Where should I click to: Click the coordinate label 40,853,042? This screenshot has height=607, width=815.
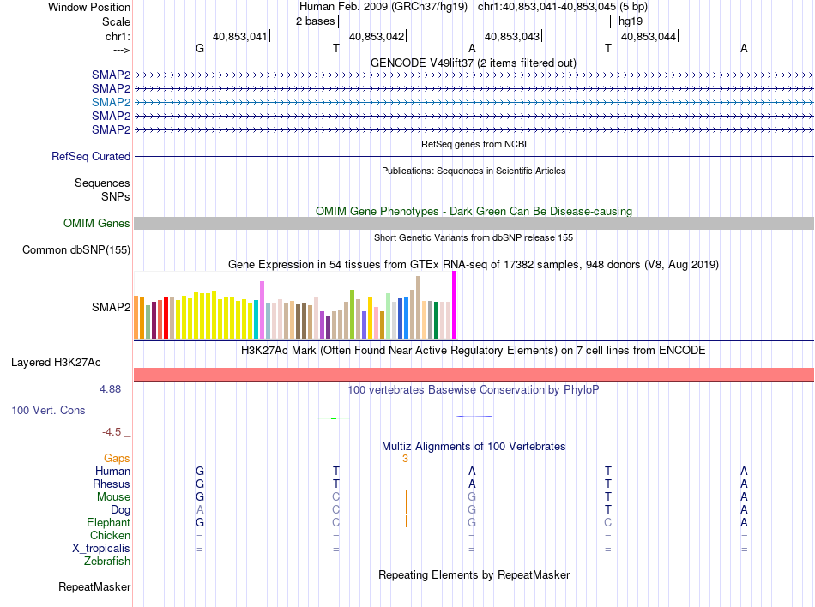coord(377,36)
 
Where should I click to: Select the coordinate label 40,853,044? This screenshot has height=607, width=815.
coord(648,36)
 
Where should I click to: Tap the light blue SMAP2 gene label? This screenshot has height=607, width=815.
coord(111,102)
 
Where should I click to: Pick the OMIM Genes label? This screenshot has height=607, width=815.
coord(97,224)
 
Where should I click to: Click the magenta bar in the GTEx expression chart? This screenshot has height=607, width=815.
coord(454,305)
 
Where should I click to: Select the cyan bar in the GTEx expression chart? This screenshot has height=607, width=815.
coord(256,320)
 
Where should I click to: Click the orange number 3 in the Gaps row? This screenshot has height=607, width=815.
coord(405,459)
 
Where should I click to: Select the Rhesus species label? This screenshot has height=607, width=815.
coord(112,484)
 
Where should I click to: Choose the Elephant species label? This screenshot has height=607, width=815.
coord(109,523)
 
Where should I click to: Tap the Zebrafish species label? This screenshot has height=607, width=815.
coord(107,562)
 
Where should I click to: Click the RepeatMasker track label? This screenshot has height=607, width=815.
coord(94,587)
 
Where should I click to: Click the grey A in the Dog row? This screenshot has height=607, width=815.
coord(200,510)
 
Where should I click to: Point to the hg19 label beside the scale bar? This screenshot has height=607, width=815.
coord(631,21)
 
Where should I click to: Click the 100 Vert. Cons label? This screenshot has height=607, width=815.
coord(48,411)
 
